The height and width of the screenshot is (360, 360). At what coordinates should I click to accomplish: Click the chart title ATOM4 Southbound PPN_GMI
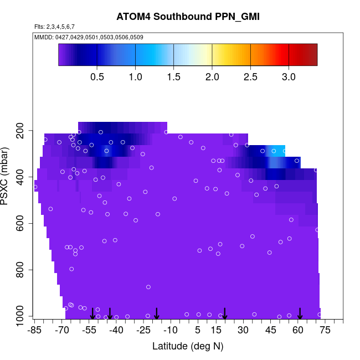point(188,17)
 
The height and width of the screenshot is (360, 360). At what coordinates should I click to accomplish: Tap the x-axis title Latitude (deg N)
point(188,346)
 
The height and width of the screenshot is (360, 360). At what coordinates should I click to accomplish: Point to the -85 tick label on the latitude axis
point(35,331)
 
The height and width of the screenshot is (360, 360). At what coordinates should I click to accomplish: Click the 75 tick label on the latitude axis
point(325,331)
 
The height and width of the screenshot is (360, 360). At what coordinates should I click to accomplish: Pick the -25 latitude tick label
point(143,331)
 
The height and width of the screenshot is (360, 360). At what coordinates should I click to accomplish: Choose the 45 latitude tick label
point(270,331)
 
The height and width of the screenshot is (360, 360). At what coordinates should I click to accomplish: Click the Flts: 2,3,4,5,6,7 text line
point(54,27)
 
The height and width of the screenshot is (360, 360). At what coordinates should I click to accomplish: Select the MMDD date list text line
point(89,37)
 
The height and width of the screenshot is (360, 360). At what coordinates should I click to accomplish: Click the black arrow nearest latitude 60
point(300,313)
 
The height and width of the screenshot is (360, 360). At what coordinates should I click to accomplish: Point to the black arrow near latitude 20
point(225,313)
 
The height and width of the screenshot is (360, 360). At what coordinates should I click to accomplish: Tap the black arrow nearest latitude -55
point(92,313)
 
